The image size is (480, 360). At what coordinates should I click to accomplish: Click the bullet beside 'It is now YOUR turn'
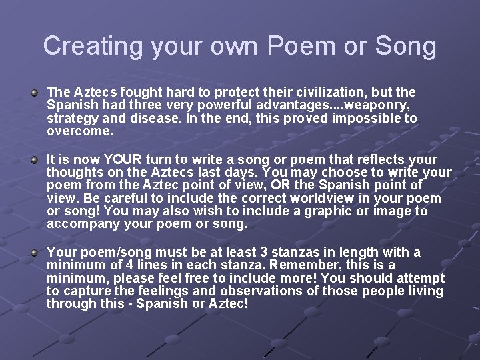[34, 160]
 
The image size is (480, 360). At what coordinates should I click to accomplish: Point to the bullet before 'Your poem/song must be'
[34, 253]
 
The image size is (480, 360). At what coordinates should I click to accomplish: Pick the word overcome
[80, 131]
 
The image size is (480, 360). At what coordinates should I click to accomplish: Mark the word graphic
[317, 211]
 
